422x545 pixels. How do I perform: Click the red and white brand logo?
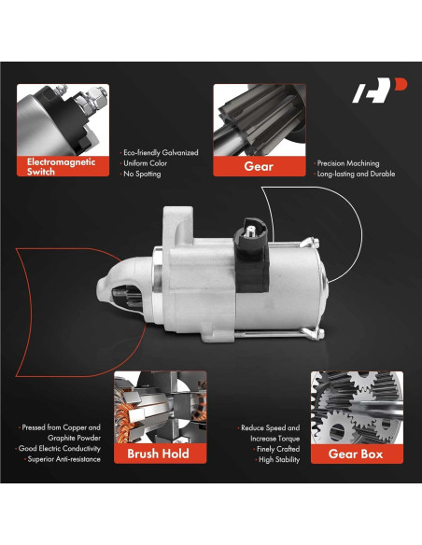tap(379, 91)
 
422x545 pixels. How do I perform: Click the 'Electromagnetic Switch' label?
tap(63, 166)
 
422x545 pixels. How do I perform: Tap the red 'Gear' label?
tap(260, 166)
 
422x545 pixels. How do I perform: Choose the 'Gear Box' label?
tap(357, 454)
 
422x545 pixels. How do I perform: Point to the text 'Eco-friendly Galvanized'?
tap(161, 153)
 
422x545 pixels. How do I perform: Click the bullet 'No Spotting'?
tap(142, 174)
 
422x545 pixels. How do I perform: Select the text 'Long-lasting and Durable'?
tap(356, 174)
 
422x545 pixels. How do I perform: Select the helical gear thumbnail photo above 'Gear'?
tap(260, 119)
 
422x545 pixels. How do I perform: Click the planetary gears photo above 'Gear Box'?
tap(357, 408)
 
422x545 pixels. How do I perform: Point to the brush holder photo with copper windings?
tap(161, 408)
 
